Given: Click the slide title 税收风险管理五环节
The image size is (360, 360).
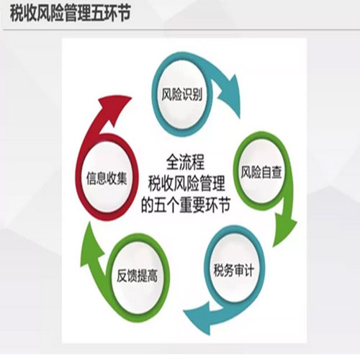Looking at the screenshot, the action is (x=70, y=14).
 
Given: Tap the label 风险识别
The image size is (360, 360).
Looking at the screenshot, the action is (x=181, y=94).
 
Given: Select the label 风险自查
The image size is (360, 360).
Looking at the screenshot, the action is (x=261, y=172).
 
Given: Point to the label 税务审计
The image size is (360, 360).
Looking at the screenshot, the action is (x=233, y=270).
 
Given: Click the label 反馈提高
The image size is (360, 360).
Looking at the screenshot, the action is (x=137, y=276).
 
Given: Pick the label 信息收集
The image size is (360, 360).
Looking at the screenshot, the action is (x=107, y=179).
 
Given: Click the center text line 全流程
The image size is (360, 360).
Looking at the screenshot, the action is (x=185, y=162).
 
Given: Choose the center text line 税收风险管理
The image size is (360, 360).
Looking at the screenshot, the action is (x=186, y=184).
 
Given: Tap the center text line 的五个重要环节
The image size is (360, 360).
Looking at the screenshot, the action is (x=186, y=205).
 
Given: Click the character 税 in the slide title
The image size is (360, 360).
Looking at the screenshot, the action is (x=17, y=14).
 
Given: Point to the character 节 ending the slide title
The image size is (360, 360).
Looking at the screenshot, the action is (x=124, y=14).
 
